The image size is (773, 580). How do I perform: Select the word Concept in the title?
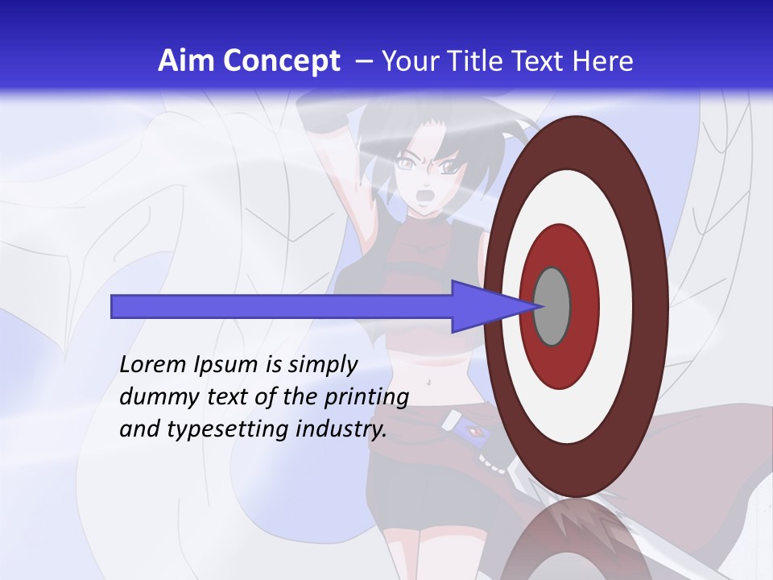(275, 62)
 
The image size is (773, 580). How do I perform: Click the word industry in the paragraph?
(341, 429)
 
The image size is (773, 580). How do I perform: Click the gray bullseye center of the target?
(552, 306)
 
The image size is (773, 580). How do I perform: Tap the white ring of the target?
(612, 306)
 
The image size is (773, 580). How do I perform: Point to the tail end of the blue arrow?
(117, 306)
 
